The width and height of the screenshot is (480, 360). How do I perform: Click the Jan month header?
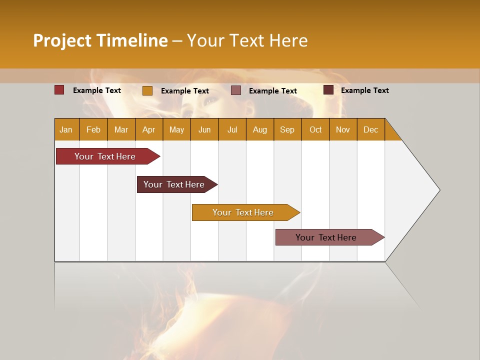tap(66, 129)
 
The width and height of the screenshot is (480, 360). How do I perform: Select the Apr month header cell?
tap(149, 129)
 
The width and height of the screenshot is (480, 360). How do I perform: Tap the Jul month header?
tap(232, 129)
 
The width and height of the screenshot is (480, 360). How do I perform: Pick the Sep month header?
tap(287, 129)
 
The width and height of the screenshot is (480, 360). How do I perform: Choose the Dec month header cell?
tap(371, 129)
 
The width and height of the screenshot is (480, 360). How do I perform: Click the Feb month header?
tap(93, 129)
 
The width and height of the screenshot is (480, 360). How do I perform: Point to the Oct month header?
tap(315, 129)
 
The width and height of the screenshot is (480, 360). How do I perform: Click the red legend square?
tap(59, 90)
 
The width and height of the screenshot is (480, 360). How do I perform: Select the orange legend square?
tap(147, 90)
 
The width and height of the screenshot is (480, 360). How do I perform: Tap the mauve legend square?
tap(236, 90)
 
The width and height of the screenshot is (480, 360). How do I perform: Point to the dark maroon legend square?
tap(328, 90)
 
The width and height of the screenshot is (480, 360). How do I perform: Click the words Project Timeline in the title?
tap(100, 40)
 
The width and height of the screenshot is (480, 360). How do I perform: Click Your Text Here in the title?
tap(247, 40)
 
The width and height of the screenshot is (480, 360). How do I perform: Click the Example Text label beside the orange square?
tap(185, 91)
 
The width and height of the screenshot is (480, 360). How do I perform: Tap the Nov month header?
tap(343, 129)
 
